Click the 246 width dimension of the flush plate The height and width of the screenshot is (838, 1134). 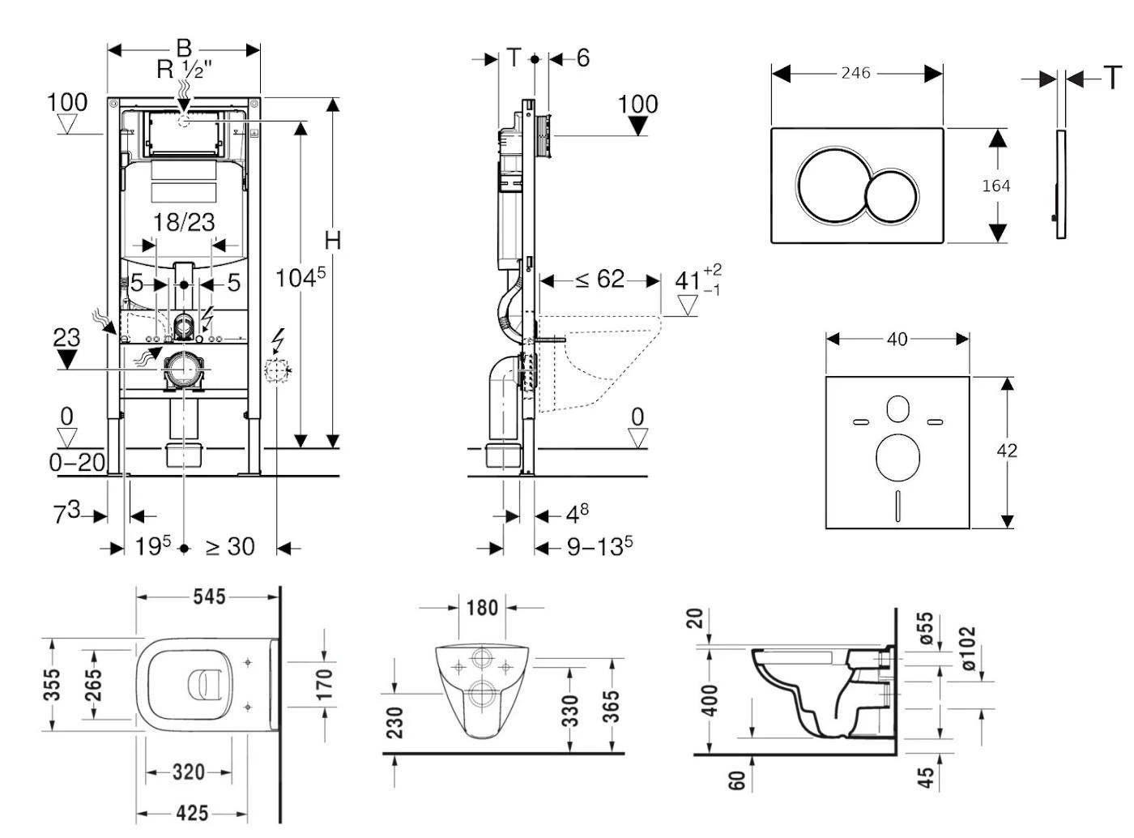855,73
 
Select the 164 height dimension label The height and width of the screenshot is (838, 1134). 995,186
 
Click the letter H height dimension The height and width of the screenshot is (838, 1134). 332,240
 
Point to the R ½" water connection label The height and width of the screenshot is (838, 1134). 185,69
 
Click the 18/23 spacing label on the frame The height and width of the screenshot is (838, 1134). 184,221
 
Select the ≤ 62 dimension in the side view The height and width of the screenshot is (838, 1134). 600,280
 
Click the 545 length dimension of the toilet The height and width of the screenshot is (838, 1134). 209,596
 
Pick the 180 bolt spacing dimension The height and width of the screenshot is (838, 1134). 482,607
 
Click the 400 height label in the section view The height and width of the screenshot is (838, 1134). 710,701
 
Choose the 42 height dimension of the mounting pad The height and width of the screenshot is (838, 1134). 1007,450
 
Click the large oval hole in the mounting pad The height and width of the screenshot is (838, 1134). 897,456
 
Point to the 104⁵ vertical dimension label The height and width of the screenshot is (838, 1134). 300,277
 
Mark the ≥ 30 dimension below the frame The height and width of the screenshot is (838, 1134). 230,547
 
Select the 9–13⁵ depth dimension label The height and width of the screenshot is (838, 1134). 599,547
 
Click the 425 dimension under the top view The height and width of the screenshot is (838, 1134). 192,812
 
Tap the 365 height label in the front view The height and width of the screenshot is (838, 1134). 611,706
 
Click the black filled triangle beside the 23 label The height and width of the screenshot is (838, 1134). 66,359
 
